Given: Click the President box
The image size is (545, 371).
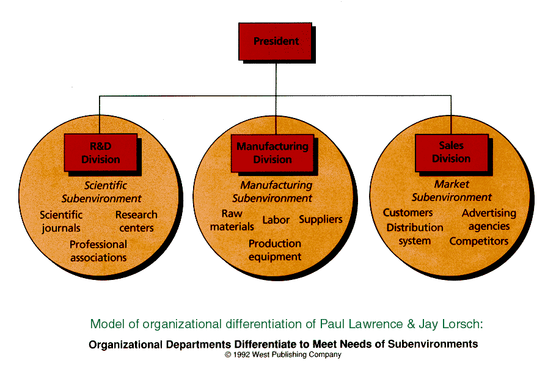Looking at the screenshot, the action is click(x=275, y=42).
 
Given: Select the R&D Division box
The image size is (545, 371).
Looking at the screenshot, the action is click(x=100, y=152).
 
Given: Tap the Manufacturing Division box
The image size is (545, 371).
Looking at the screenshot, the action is click(x=272, y=153).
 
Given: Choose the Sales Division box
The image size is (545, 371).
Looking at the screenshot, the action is click(x=452, y=152).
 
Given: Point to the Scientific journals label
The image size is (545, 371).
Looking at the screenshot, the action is click(x=61, y=221).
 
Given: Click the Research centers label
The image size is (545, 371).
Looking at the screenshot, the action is click(x=136, y=221).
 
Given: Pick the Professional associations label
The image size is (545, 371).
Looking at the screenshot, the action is click(x=98, y=251).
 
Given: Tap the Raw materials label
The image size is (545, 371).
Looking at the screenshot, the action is click(x=232, y=220).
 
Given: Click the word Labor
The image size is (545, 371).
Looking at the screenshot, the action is click(x=276, y=220).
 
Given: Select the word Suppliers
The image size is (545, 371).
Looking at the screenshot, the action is click(x=321, y=220).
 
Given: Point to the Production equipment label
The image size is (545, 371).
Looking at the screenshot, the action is click(x=275, y=250).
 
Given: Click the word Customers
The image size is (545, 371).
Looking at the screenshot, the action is click(x=408, y=213).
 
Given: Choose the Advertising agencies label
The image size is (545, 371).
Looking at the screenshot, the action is click(x=489, y=219).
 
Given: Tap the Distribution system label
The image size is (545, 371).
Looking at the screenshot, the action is click(x=415, y=234).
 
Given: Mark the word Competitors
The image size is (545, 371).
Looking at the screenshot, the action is click(x=479, y=241).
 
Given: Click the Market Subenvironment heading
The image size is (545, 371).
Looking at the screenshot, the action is click(x=452, y=191).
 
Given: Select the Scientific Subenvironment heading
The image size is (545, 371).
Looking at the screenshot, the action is click(x=101, y=192).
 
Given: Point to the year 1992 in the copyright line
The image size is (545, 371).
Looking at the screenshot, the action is click(x=241, y=354).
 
